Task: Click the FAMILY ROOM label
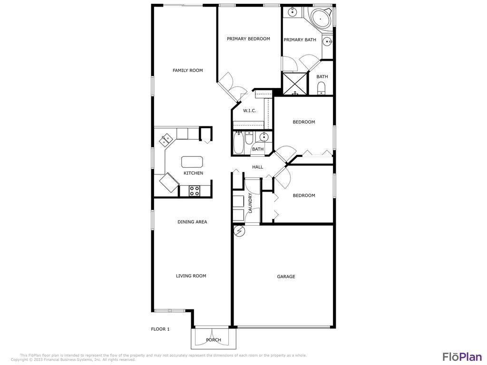(x=187, y=70)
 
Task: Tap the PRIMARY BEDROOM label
(x=248, y=39)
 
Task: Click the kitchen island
(x=192, y=162)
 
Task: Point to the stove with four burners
(x=195, y=191)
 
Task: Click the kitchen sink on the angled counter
(x=166, y=140)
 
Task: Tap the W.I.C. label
(x=250, y=111)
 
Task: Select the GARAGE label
(x=286, y=277)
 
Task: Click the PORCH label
(x=214, y=340)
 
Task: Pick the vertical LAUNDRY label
(x=250, y=202)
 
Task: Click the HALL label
(x=257, y=167)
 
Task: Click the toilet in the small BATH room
(x=321, y=88)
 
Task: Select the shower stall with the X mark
(x=294, y=84)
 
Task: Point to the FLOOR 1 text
(x=160, y=329)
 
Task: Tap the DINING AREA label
(x=192, y=222)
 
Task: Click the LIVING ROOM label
(x=191, y=276)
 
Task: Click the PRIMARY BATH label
(x=300, y=40)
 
